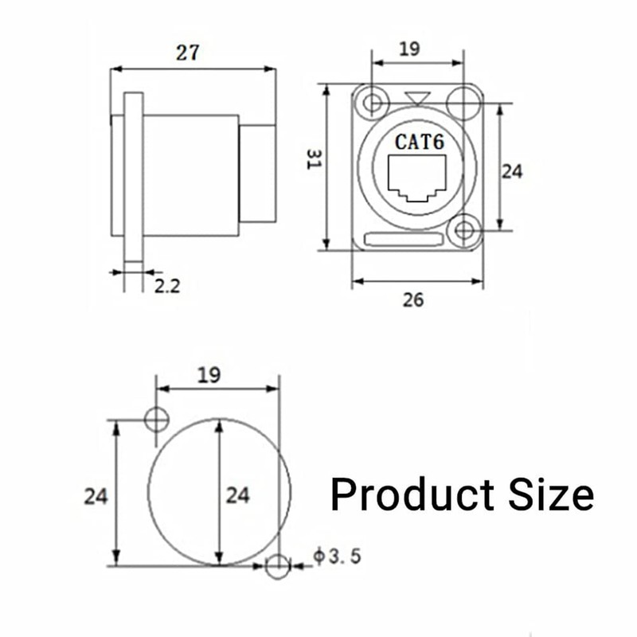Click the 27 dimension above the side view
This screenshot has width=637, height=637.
tap(188, 53)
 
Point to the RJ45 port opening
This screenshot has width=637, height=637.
tap(417, 178)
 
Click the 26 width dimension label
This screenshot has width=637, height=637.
tap(413, 300)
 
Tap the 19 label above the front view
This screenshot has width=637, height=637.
tap(408, 49)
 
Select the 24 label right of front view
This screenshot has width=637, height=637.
tap(511, 170)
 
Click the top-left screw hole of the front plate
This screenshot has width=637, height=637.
tap(371, 104)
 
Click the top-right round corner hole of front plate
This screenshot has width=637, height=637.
tap(464, 104)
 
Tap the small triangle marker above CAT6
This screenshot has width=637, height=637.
tap(417, 98)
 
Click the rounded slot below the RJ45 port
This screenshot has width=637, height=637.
tap(403, 238)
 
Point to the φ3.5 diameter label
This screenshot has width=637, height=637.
tap(337, 556)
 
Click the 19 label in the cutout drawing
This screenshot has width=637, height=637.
tap(209, 373)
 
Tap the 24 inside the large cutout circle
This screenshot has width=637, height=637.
tap(237, 495)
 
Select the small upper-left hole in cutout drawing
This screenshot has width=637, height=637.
tap(157, 419)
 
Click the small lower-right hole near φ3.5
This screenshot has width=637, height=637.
tap(278, 566)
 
